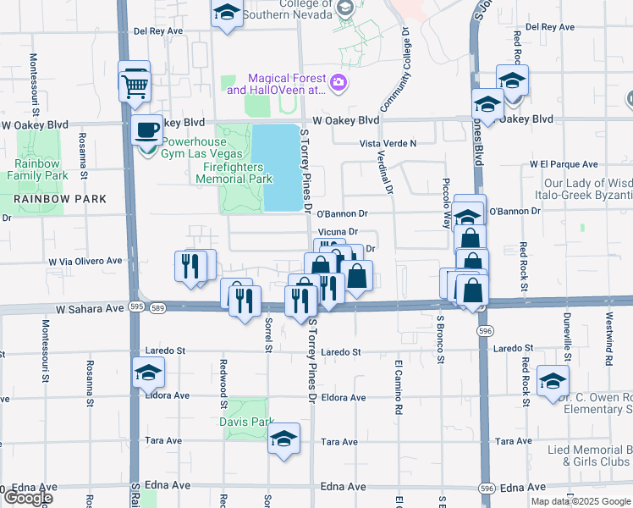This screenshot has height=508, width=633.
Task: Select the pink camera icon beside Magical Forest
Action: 339,82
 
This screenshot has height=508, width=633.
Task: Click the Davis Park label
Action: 246,421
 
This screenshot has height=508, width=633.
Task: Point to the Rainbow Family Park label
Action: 36,169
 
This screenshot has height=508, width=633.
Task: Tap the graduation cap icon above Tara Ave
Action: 283,439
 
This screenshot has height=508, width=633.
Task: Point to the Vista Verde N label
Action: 388,144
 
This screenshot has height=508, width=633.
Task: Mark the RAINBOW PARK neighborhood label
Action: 59,199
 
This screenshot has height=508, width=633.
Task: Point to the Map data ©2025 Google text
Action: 580,501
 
